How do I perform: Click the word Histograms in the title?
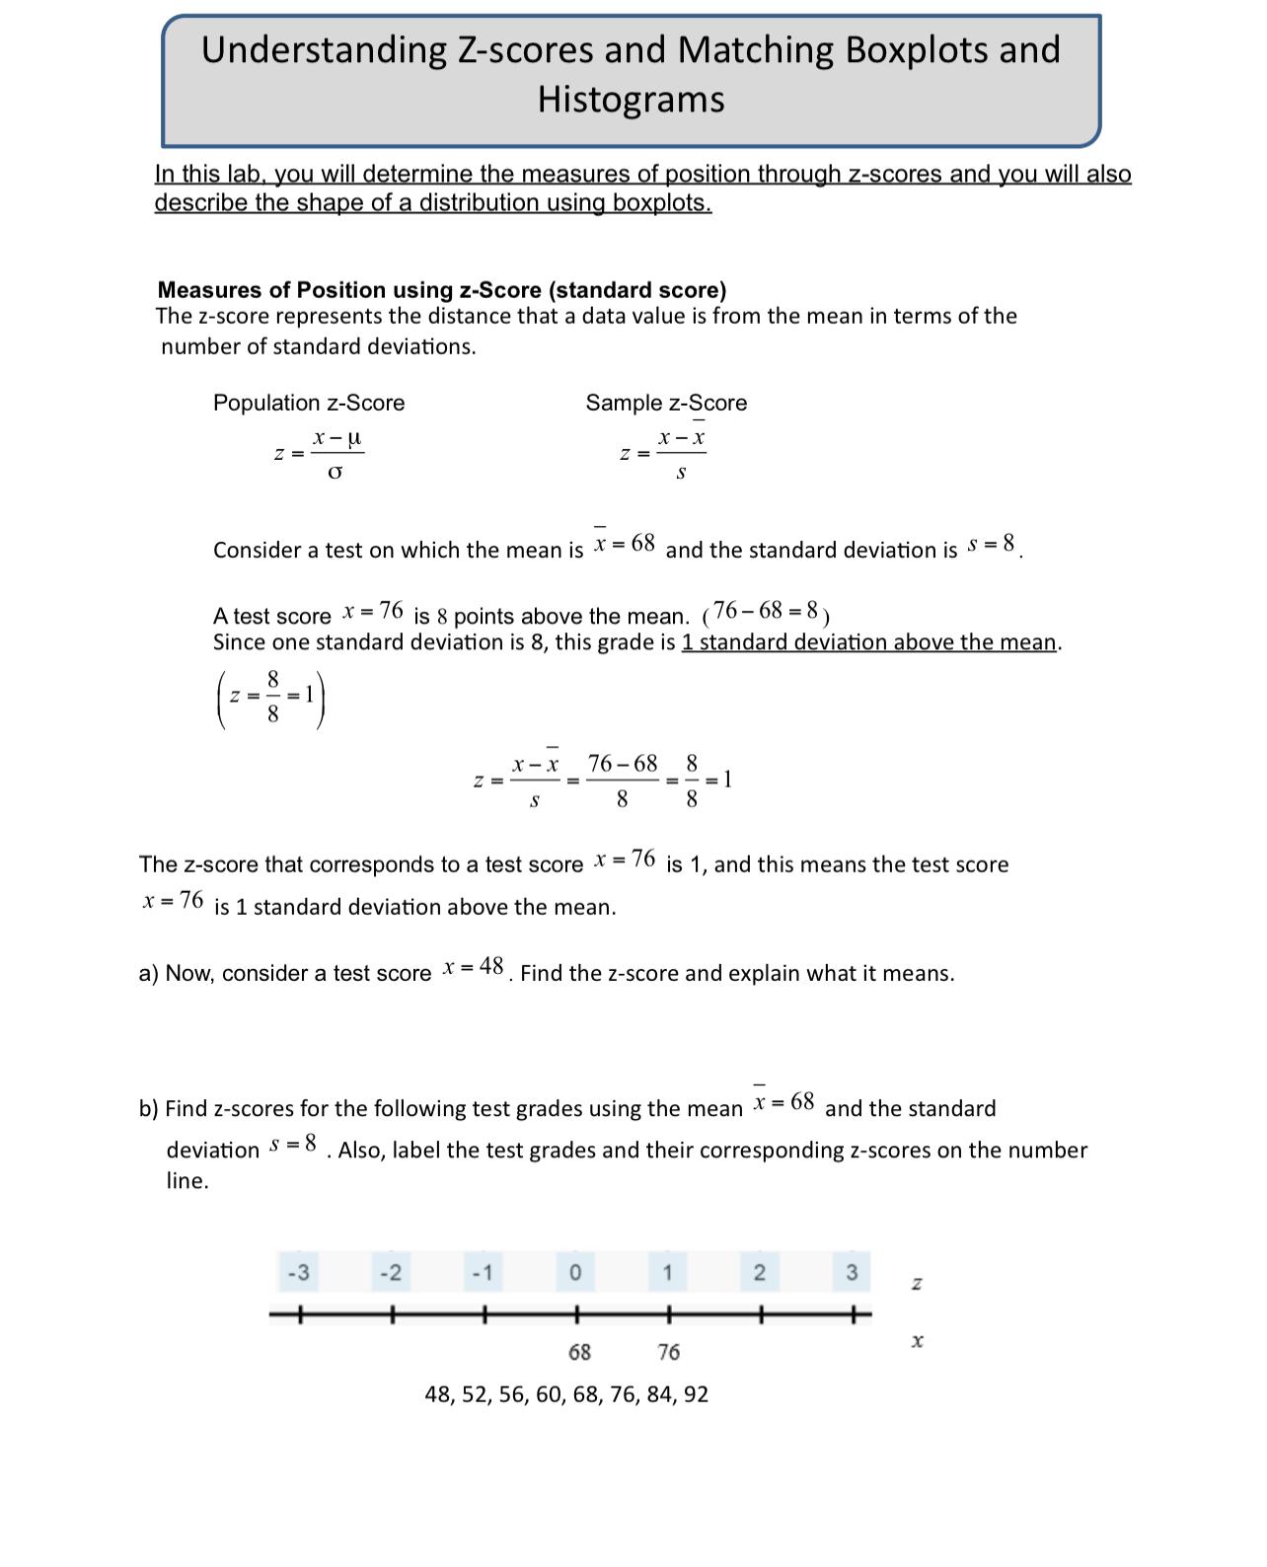pyautogui.click(x=631, y=100)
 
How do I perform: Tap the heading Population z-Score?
pyautogui.click(x=309, y=403)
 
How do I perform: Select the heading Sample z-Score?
pyautogui.click(x=666, y=403)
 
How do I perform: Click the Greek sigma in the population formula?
pyautogui.click(x=335, y=473)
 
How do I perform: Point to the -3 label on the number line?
pyautogui.click(x=298, y=1272)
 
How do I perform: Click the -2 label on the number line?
pyautogui.click(x=391, y=1272)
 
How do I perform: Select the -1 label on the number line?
pyautogui.click(x=483, y=1272)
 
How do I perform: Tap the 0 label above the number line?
pyautogui.click(x=575, y=1272)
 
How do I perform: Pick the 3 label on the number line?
pyautogui.click(x=852, y=1272)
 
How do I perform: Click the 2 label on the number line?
pyautogui.click(x=759, y=1272)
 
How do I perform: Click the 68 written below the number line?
pyautogui.click(x=579, y=1352)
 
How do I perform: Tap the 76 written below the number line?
pyautogui.click(x=668, y=1352)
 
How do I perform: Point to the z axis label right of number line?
pyautogui.click(x=917, y=1284)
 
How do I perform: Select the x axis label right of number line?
pyautogui.click(x=917, y=1341)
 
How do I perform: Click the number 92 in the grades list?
pyautogui.click(x=695, y=1394)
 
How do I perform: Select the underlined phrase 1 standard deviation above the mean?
pyautogui.click(x=868, y=642)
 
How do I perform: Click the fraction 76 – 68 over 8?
pyautogui.click(x=622, y=780)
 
